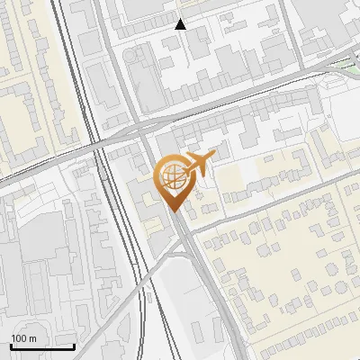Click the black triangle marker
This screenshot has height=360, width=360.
click(181, 24)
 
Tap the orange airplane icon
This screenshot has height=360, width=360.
click(197, 163)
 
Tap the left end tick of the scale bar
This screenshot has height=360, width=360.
click(11, 345)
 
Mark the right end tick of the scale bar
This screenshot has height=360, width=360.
click(74, 345)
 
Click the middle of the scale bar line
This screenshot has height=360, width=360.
click(42, 346)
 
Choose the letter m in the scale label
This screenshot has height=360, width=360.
click(32, 337)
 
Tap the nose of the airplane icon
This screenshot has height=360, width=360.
click(214, 157)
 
